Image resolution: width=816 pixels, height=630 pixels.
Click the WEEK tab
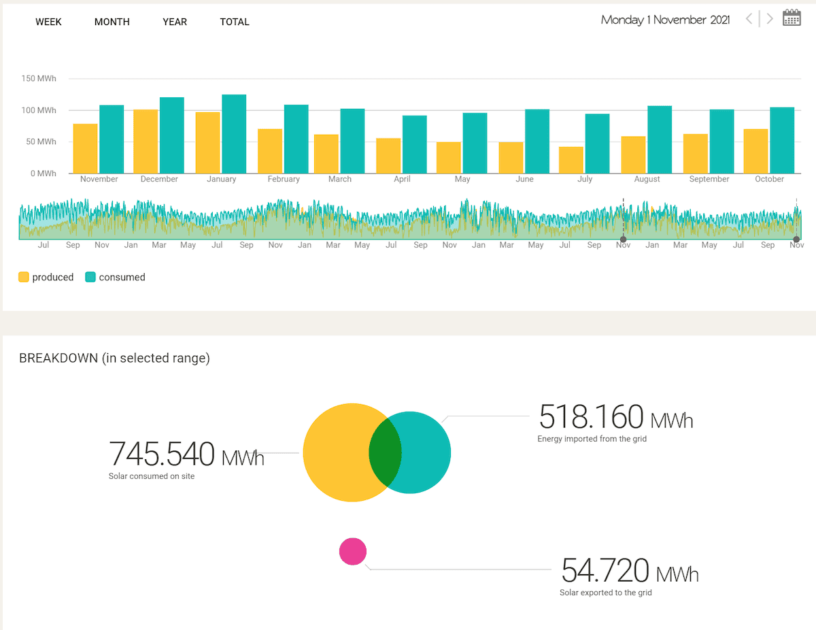(48, 22)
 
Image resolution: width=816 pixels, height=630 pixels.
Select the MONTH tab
(112, 22)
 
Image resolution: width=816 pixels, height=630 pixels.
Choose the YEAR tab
(175, 22)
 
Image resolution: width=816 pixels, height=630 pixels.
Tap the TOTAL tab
(235, 22)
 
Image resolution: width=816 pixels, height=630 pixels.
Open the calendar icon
(792, 18)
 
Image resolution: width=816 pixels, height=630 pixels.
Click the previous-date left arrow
(749, 18)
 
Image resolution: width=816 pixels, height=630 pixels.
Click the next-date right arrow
(770, 18)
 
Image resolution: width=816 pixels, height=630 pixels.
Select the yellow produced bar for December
(146, 142)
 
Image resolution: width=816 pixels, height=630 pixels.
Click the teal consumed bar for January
(234, 134)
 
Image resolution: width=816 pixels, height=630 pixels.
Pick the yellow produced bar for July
(571, 160)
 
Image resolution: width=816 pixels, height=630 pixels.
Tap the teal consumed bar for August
(660, 139)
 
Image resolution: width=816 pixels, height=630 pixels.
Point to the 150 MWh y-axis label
(39, 78)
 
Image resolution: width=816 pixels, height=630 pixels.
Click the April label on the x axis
(402, 179)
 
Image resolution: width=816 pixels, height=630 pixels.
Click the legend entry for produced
(46, 278)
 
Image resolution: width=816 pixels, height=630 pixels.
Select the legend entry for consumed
(115, 278)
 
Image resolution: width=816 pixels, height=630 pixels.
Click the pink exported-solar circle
(353, 552)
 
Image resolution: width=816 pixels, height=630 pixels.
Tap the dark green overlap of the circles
(386, 452)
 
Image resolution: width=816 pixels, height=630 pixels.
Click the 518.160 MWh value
(615, 416)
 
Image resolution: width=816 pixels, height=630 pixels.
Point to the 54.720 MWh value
(630, 570)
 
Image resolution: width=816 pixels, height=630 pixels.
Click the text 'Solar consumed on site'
(152, 476)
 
